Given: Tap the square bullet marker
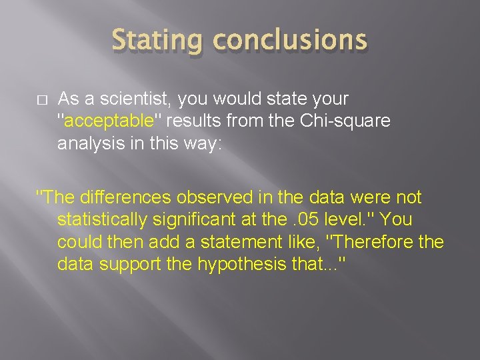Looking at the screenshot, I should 42,100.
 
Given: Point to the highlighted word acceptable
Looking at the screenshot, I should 109,121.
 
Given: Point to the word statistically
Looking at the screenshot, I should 110,219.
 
